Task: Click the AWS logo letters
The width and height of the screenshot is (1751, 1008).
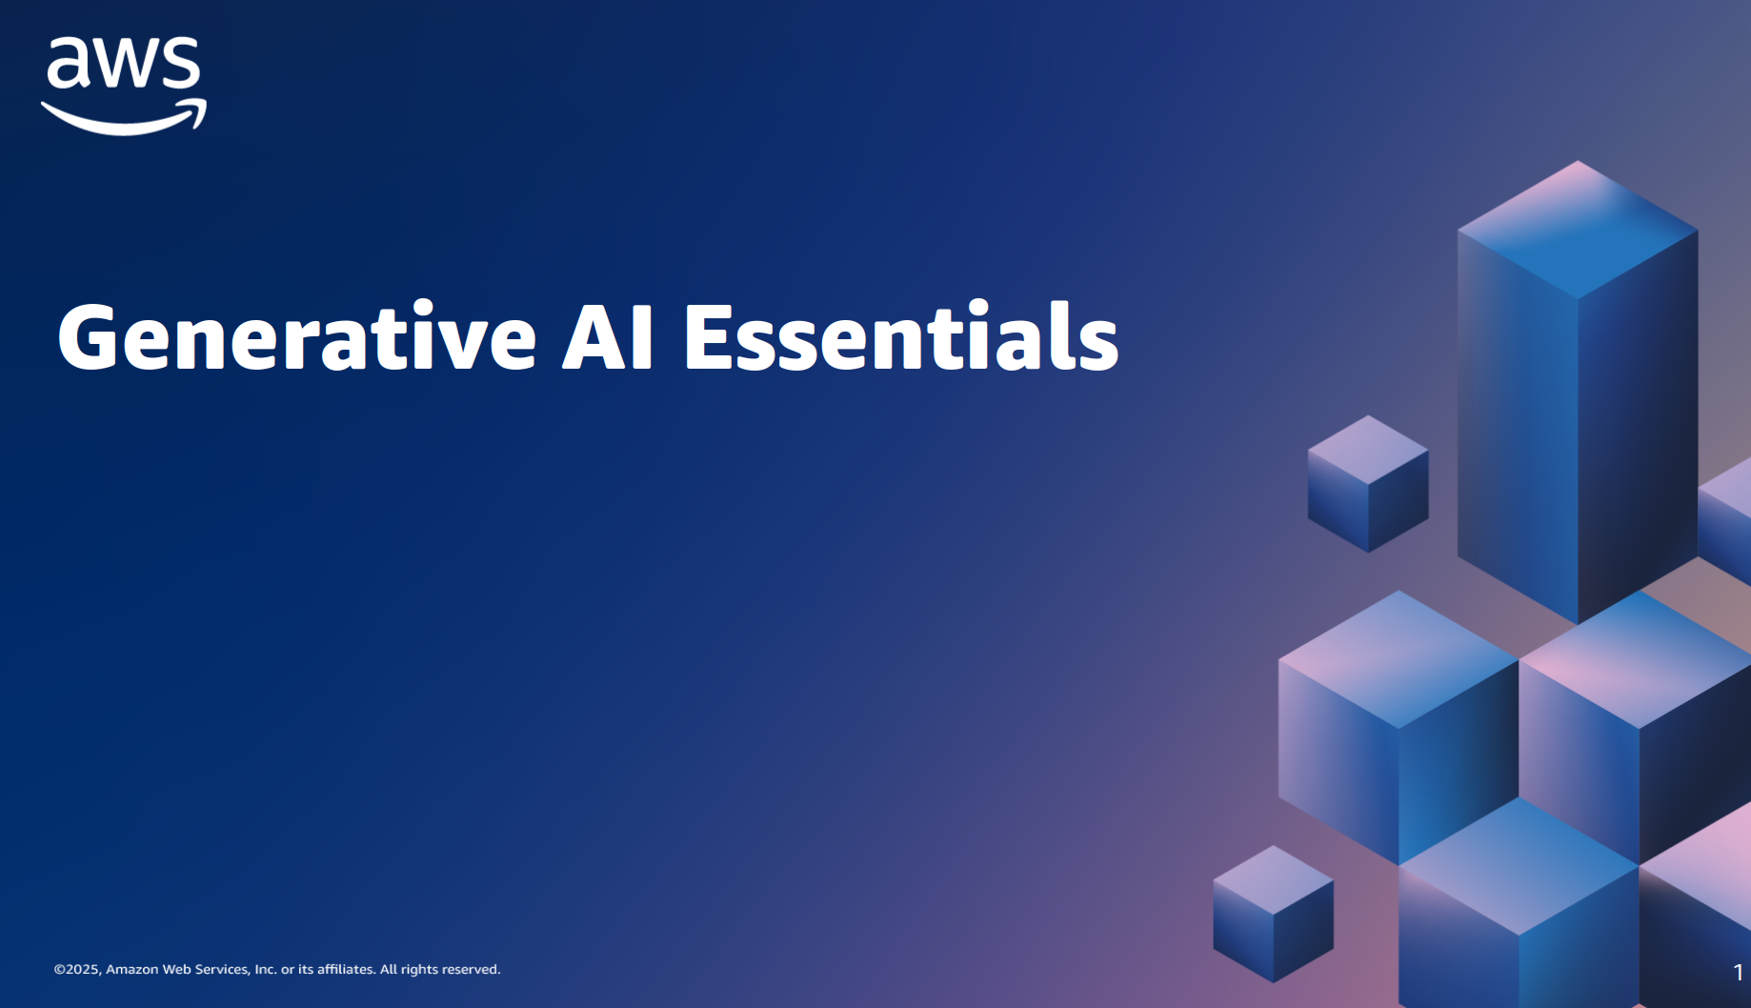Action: click(124, 63)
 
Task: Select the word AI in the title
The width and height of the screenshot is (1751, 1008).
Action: click(608, 336)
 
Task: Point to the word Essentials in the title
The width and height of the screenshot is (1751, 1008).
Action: click(901, 336)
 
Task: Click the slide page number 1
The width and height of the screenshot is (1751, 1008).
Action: click(1739, 973)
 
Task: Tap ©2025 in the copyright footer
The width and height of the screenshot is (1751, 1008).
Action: click(77, 970)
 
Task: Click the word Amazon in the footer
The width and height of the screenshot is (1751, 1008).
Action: click(131, 969)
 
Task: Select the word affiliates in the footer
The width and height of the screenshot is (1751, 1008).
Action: click(346, 969)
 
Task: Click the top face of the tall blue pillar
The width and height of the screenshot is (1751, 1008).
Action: click(1578, 230)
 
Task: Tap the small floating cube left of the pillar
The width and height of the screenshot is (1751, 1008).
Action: click(1368, 484)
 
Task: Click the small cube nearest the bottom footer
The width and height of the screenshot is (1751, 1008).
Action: click(1273, 914)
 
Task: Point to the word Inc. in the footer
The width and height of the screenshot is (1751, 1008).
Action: click(265, 969)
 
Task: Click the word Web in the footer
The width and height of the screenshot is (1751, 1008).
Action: click(176, 969)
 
